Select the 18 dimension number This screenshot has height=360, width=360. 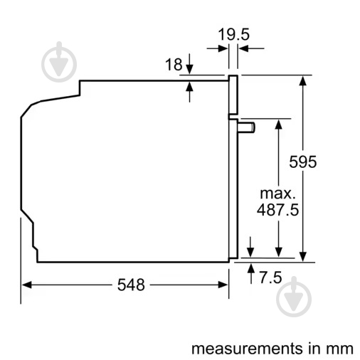coord(174,65)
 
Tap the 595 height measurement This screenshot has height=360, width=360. coord(303,162)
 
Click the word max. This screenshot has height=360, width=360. coord(277,193)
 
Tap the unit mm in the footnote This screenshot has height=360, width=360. coord(340,348)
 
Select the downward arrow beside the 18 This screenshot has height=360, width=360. coord(189,69)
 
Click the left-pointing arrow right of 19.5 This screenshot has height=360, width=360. coord(242,48)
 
